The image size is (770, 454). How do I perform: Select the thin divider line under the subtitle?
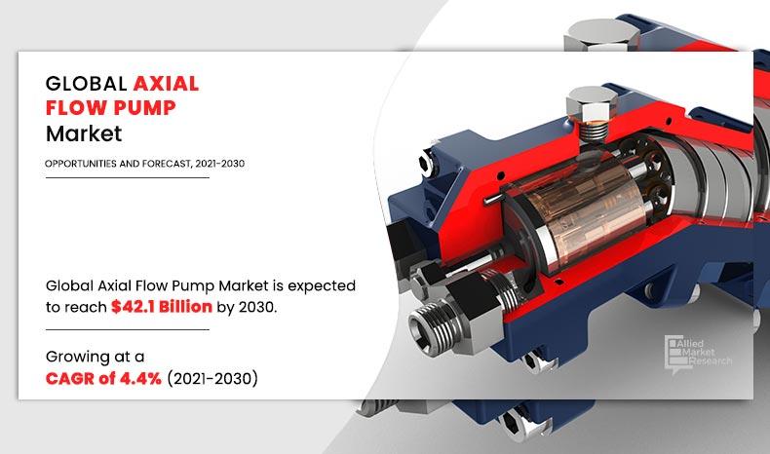pyautogui.click(x=127, y=178)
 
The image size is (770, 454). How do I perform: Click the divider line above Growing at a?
pyautogui.click(x=127, y=330)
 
